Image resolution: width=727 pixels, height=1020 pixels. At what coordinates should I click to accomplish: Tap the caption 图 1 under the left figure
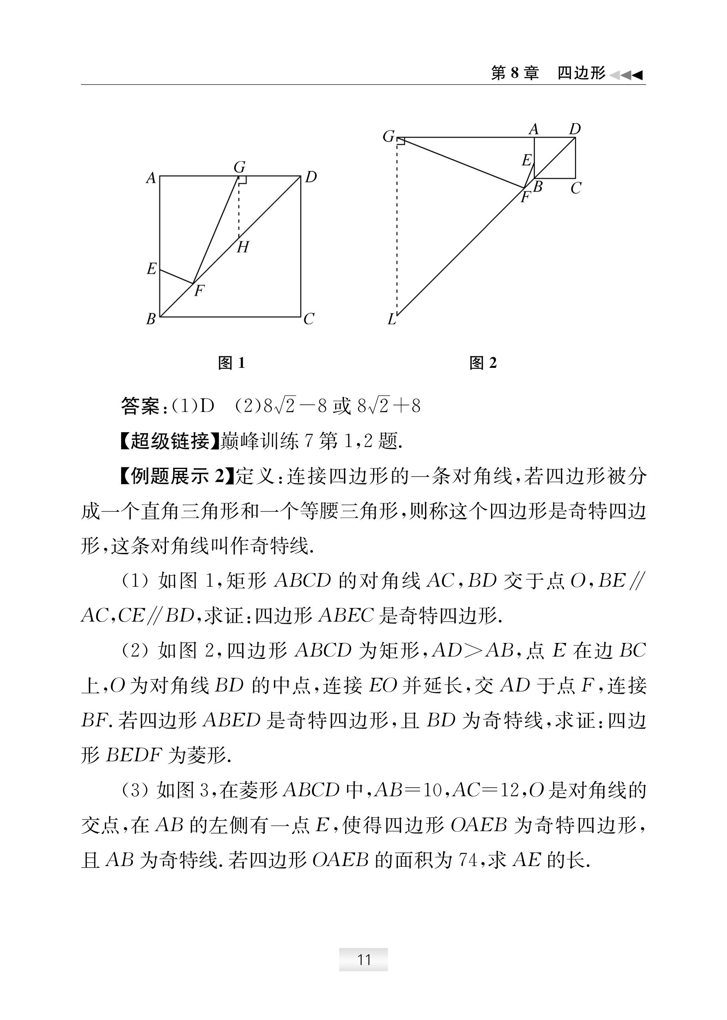[x=232, y=363]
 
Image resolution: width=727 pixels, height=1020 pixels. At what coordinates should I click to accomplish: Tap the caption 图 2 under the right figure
[x=483, y=363]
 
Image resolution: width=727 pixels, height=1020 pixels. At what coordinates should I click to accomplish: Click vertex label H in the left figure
[x=243, y=247]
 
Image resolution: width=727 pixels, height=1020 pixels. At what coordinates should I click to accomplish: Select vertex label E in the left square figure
[x=152, y=269]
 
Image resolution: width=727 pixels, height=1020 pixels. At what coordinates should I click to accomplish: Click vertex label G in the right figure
[x=389, y=136]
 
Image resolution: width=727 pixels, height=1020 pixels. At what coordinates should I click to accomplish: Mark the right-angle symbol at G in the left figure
[x=242, y=180]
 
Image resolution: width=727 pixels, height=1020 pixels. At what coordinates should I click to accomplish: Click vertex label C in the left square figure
[x=308, y=319]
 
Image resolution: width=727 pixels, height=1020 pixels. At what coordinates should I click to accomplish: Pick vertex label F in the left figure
[x=199, y=291]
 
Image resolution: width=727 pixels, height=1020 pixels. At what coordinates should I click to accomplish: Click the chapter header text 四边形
[x=581, y=73]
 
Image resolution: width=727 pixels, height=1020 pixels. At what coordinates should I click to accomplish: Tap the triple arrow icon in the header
[x=626, y=75]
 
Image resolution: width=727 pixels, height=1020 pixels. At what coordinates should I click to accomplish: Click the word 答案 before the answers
[x=140, y=406]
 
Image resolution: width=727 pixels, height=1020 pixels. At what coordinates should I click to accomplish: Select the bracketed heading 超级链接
[x=170, y=442]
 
